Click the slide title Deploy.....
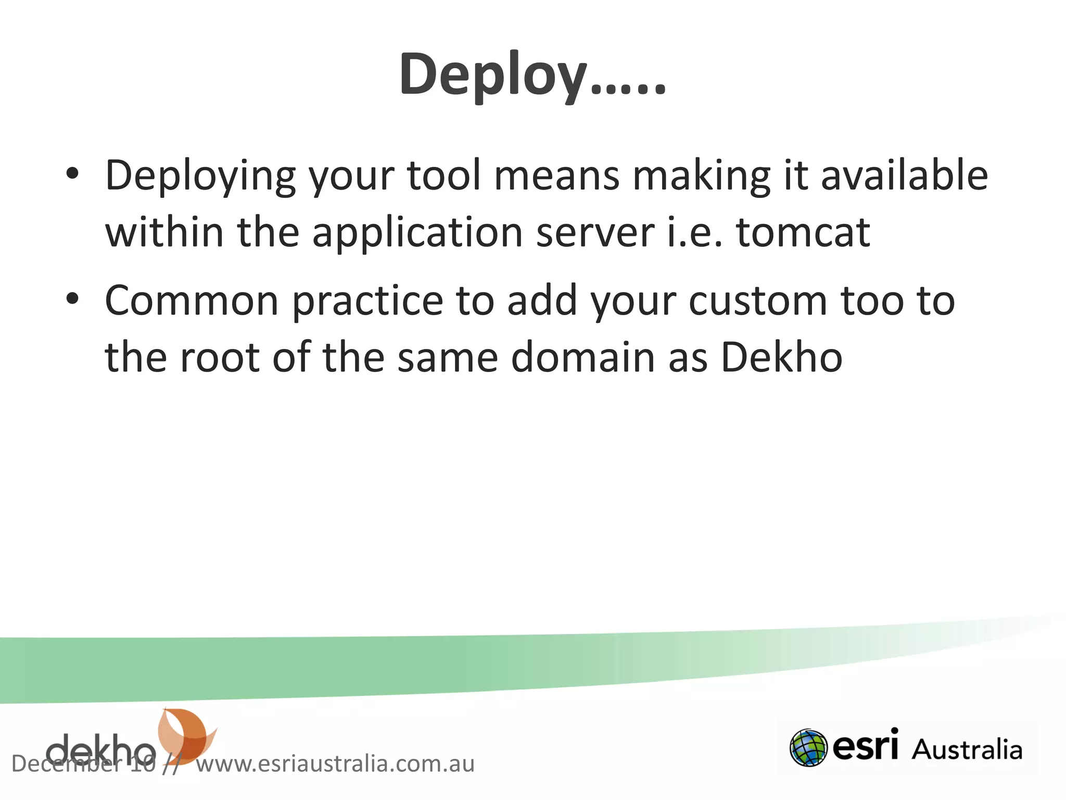click(x=532, y=74)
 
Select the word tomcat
click(x=803, y=232)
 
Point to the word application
click(x=417, y=232)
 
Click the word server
click(x=595, y=232)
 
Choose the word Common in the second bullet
click(x=192, y=301)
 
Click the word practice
click(x=367, y=302)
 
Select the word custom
click(x=758, y=301)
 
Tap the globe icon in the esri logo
click(x=808, y=747)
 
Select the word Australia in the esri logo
click(x=967, y=750)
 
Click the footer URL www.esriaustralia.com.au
click(x=335, y=764)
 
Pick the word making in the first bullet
click(x=701, y=176)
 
